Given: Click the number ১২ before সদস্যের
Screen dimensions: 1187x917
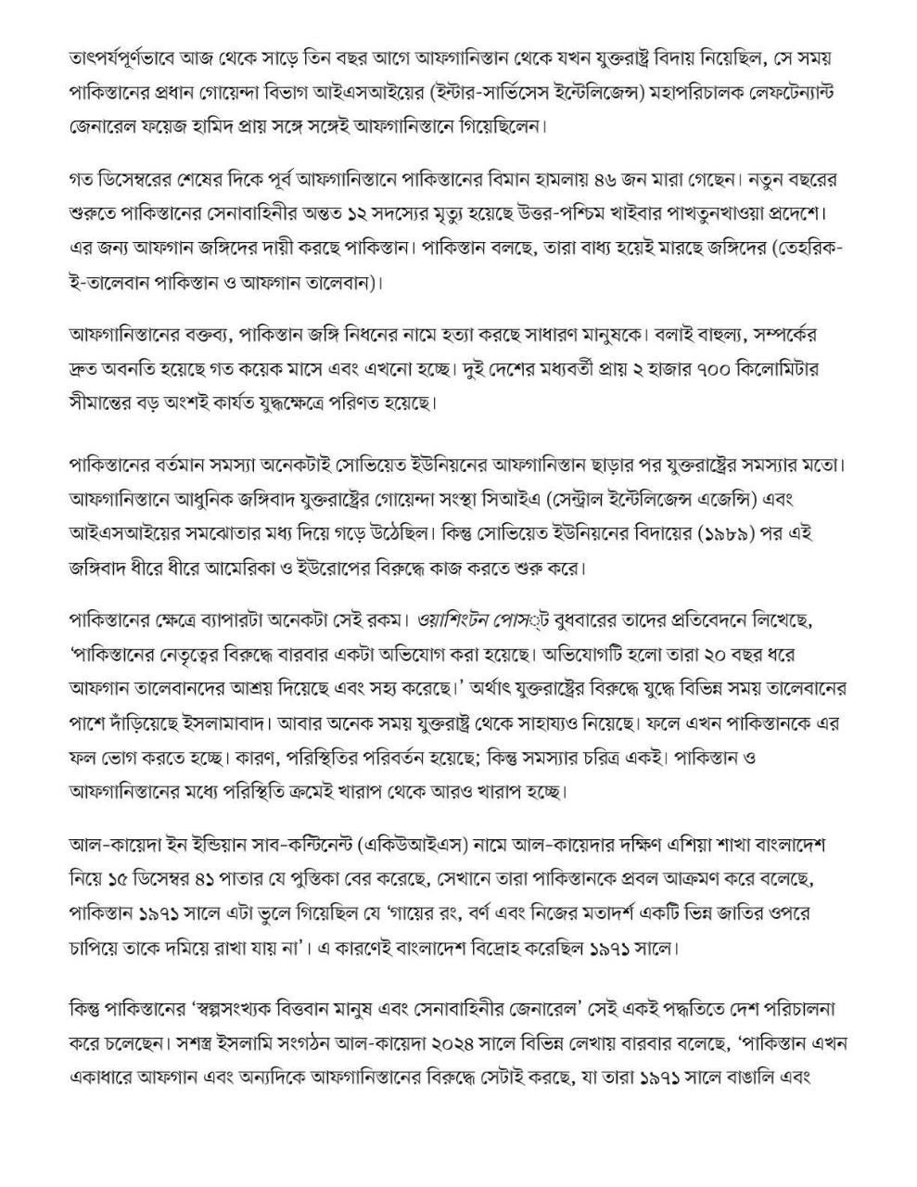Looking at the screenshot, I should click(376, 212).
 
